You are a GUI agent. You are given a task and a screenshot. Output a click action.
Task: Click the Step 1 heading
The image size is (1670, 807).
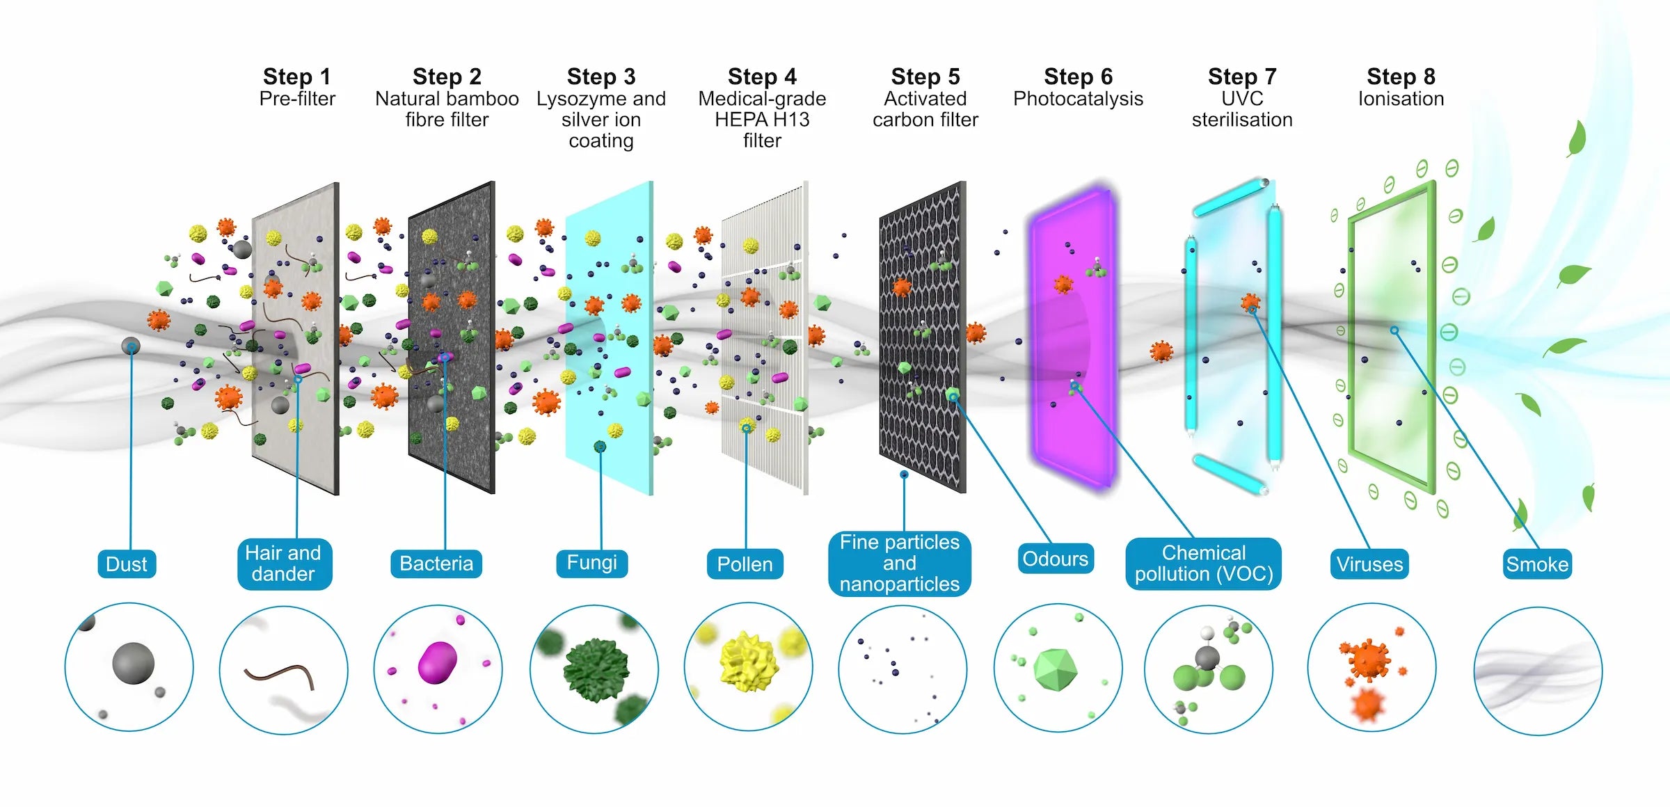click(x=297, y=77)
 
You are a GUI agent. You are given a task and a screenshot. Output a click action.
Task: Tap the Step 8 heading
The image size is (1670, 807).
click(x=1401, y=77)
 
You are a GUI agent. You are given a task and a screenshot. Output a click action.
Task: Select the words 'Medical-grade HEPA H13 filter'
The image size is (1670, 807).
click(x=762, y=120)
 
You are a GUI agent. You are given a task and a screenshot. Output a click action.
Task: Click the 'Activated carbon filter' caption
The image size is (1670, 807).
click(x=925, y=109)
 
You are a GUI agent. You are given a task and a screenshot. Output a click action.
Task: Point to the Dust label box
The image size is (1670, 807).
click(x=127, y=564)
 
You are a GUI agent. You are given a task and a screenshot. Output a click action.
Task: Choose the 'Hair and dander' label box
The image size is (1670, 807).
click(x=284, y=564)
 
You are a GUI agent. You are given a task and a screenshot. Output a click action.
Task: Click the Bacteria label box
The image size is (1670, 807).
click(x=436, y=564)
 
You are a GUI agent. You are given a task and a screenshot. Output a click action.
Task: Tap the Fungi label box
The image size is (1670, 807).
click(x=592, y=562)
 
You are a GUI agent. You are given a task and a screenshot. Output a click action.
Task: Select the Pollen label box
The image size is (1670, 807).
click(x=745, y=564)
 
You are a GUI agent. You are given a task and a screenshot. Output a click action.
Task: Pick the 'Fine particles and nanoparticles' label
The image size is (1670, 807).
click(x=900, y=563)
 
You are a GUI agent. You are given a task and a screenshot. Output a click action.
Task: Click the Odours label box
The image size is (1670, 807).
click(x=1056, y=559)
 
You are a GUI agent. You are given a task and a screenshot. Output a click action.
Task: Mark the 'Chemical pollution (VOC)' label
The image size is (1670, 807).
click(x=1204, y=564)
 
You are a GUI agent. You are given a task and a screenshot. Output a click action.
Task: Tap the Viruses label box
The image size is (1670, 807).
click(x=1369, y=564)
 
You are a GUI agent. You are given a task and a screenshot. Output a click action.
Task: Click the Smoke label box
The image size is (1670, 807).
click(x=1537, y=564)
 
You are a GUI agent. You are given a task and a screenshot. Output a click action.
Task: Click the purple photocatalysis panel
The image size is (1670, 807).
click(x=1075, y=334)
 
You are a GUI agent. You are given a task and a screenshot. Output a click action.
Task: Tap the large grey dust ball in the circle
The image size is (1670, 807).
click(x=134, y=663)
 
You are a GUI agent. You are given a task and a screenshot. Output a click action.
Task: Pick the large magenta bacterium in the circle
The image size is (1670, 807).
click(x=438, y=662)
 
